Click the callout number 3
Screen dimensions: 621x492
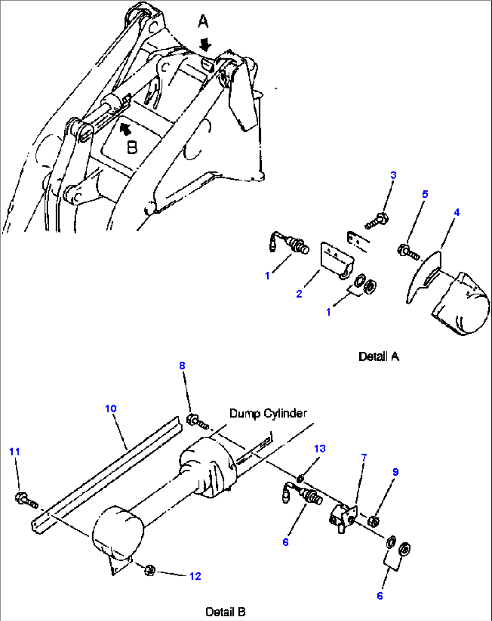[x=393, y=175]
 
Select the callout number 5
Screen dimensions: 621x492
[x=425, y=194]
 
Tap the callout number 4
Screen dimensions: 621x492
[x=456, y=212]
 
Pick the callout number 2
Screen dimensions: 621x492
[x=299, y=294]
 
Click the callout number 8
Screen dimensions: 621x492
[x=182, y=365]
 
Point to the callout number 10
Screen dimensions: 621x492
[x=111, y=409]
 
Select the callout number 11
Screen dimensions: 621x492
[x=14, y=452]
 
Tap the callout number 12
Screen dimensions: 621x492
[x=195, y=576]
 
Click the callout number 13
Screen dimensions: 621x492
[x=320, y=448]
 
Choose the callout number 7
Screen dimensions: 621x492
[x=364, y=458]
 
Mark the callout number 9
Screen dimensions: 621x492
[x=395, y=472]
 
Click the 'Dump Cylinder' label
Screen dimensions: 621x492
[x=268, y=413]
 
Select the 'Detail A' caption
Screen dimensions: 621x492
[x=379, y=357]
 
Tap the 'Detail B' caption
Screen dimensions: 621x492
[x=225, y=612]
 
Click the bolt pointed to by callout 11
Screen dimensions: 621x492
[x=26, y=500]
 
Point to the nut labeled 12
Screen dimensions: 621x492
[x=150, y=570]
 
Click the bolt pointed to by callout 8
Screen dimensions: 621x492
[x=197, y=421]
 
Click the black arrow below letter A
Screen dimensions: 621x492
[x=206, y=44]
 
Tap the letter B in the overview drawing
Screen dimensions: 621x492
[x=132, y=147]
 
